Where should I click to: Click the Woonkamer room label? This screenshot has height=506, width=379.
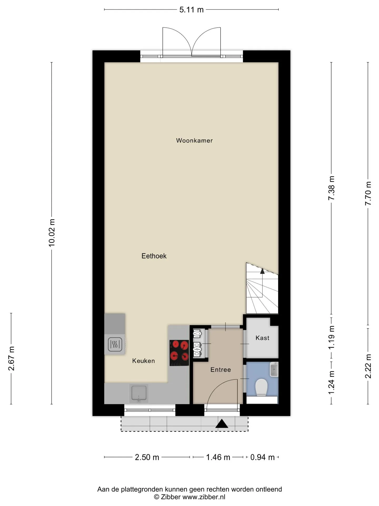point(194,140)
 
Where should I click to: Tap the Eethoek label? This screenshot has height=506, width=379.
point(154,256)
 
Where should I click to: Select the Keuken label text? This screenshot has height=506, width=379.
point(143,361)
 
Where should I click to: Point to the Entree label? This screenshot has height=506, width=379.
point(221,370)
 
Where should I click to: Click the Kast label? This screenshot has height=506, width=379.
point(262,338)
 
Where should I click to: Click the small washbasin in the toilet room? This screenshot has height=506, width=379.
point(274,369)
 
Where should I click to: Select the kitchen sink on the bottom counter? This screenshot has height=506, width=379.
point(139,393)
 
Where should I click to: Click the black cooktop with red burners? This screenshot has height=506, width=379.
point(179,353)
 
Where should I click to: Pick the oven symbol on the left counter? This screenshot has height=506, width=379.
point(115,344)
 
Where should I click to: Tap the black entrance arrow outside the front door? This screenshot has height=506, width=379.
point(222,424)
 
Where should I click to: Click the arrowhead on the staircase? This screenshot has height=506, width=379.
point(262,271)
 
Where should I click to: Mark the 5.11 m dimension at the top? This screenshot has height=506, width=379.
point(191,10)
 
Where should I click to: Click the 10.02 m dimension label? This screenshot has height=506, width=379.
point(52,233)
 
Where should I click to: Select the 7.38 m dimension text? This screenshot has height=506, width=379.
point(331,188)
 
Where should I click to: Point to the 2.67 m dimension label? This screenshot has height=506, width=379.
point(11,358)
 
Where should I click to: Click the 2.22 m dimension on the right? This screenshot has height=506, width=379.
point(368,366)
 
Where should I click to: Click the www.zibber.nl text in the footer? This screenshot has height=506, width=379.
point(204,497)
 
